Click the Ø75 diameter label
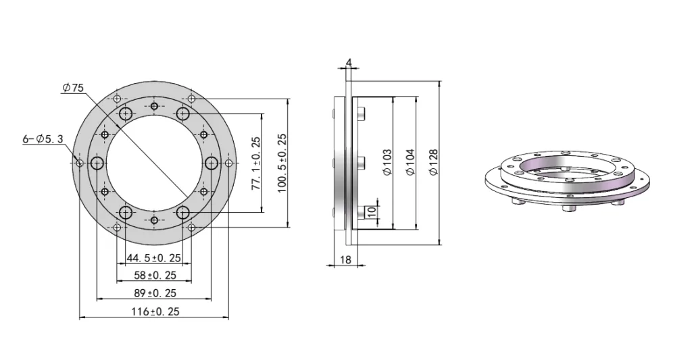[72, 88]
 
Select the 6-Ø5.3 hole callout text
[43, 138]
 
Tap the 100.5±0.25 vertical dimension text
[282, 163]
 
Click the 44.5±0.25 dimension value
[154, 258]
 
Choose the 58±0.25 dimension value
[154, 275]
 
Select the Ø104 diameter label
[411, 163]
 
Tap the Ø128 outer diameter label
[433, 163]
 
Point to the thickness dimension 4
[348, 63]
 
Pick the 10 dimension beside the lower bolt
[371, 211]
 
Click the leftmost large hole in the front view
[97, 163]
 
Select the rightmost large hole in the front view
[212, 163]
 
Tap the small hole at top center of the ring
[155, 106]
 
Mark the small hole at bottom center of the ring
[155, 220]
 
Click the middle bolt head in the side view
[361, 162]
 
